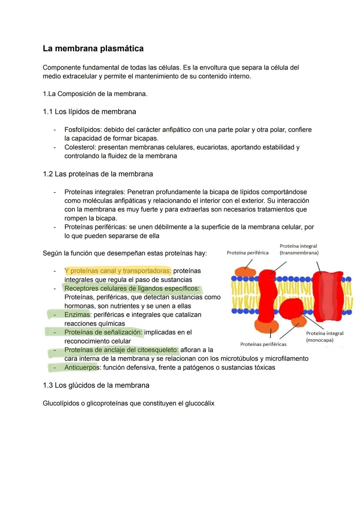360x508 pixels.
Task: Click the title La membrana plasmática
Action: point(93,49)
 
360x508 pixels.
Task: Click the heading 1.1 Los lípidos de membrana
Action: point(89,112)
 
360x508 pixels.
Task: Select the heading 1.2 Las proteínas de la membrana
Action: point(98,174)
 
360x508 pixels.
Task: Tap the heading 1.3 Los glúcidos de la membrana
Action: point(96,385)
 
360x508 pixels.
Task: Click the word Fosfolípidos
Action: point(83,130)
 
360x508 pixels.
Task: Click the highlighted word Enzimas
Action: point(77,315)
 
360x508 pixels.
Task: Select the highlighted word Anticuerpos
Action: point(82,367)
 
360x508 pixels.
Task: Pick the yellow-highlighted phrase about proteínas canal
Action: point(118,271)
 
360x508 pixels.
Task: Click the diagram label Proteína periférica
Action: point(247,253)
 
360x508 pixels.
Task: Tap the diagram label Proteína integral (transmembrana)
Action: point(299,250)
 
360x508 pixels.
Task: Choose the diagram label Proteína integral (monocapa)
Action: point(324,336)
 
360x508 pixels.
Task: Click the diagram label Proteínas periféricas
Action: point(263,344)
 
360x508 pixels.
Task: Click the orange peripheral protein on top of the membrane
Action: point(245,271)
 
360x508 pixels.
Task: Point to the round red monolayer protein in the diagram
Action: point(291,308)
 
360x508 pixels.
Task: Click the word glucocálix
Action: point(199,403)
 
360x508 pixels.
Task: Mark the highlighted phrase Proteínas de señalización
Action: point(103,332)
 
